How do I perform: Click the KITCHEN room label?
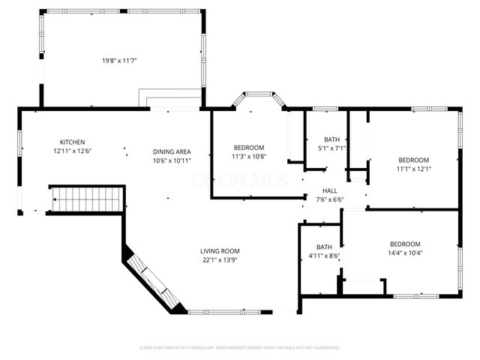click(73, 142)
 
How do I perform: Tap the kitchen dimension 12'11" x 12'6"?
click(73, 151)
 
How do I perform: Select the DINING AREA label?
click(172, 151)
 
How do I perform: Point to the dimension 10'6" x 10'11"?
click(172, 160)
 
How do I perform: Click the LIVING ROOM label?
click(220, 250)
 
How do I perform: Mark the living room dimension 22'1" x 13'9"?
click(220, 259)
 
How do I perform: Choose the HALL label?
click(330, 191)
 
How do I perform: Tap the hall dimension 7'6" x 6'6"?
click(330, 199)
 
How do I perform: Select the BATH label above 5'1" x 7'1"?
click(331, 139)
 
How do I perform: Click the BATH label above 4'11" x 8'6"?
click(324, 247)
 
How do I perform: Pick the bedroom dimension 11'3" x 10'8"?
click(249, 156)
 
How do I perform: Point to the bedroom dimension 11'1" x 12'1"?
click(413, 169)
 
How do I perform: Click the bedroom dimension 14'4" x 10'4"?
click(405, 253)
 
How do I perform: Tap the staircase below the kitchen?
click(85, 199)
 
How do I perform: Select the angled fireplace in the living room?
click(153, 282)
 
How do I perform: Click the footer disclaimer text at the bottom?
click(240, 348)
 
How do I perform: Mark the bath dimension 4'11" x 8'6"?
click(324, 256)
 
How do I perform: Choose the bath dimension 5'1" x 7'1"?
click(331, 148)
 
